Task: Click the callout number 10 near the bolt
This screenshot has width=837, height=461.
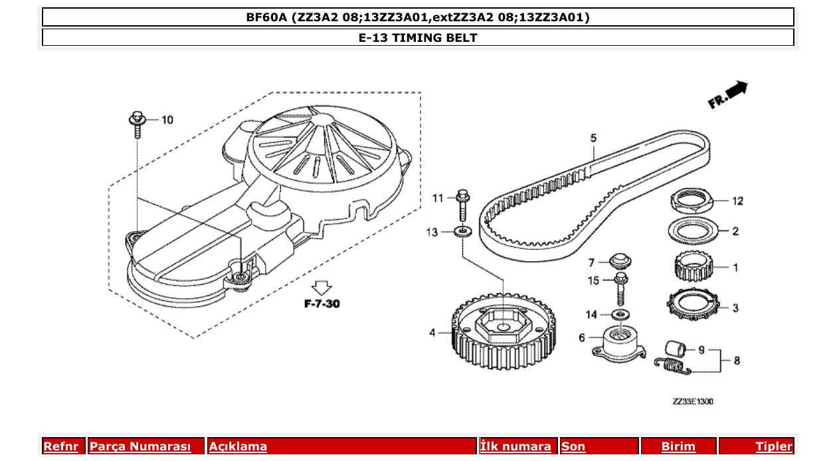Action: (167, 120)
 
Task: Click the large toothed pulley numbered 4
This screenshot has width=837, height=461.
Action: (503, 331)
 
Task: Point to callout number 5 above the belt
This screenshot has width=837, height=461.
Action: (593, 138)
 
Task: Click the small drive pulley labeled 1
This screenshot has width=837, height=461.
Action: (694, 268)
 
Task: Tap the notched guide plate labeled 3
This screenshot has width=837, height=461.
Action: (694, 306)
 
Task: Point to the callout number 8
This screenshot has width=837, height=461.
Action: (736, 361)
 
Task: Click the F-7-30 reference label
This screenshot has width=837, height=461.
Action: (322, 304)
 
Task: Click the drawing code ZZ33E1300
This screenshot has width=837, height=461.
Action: (692, 401)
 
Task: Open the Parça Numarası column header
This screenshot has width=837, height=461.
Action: (140, 446)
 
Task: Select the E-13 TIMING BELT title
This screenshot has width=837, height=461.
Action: (418, 38)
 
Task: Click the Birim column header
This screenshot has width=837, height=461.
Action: (678, 446)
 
